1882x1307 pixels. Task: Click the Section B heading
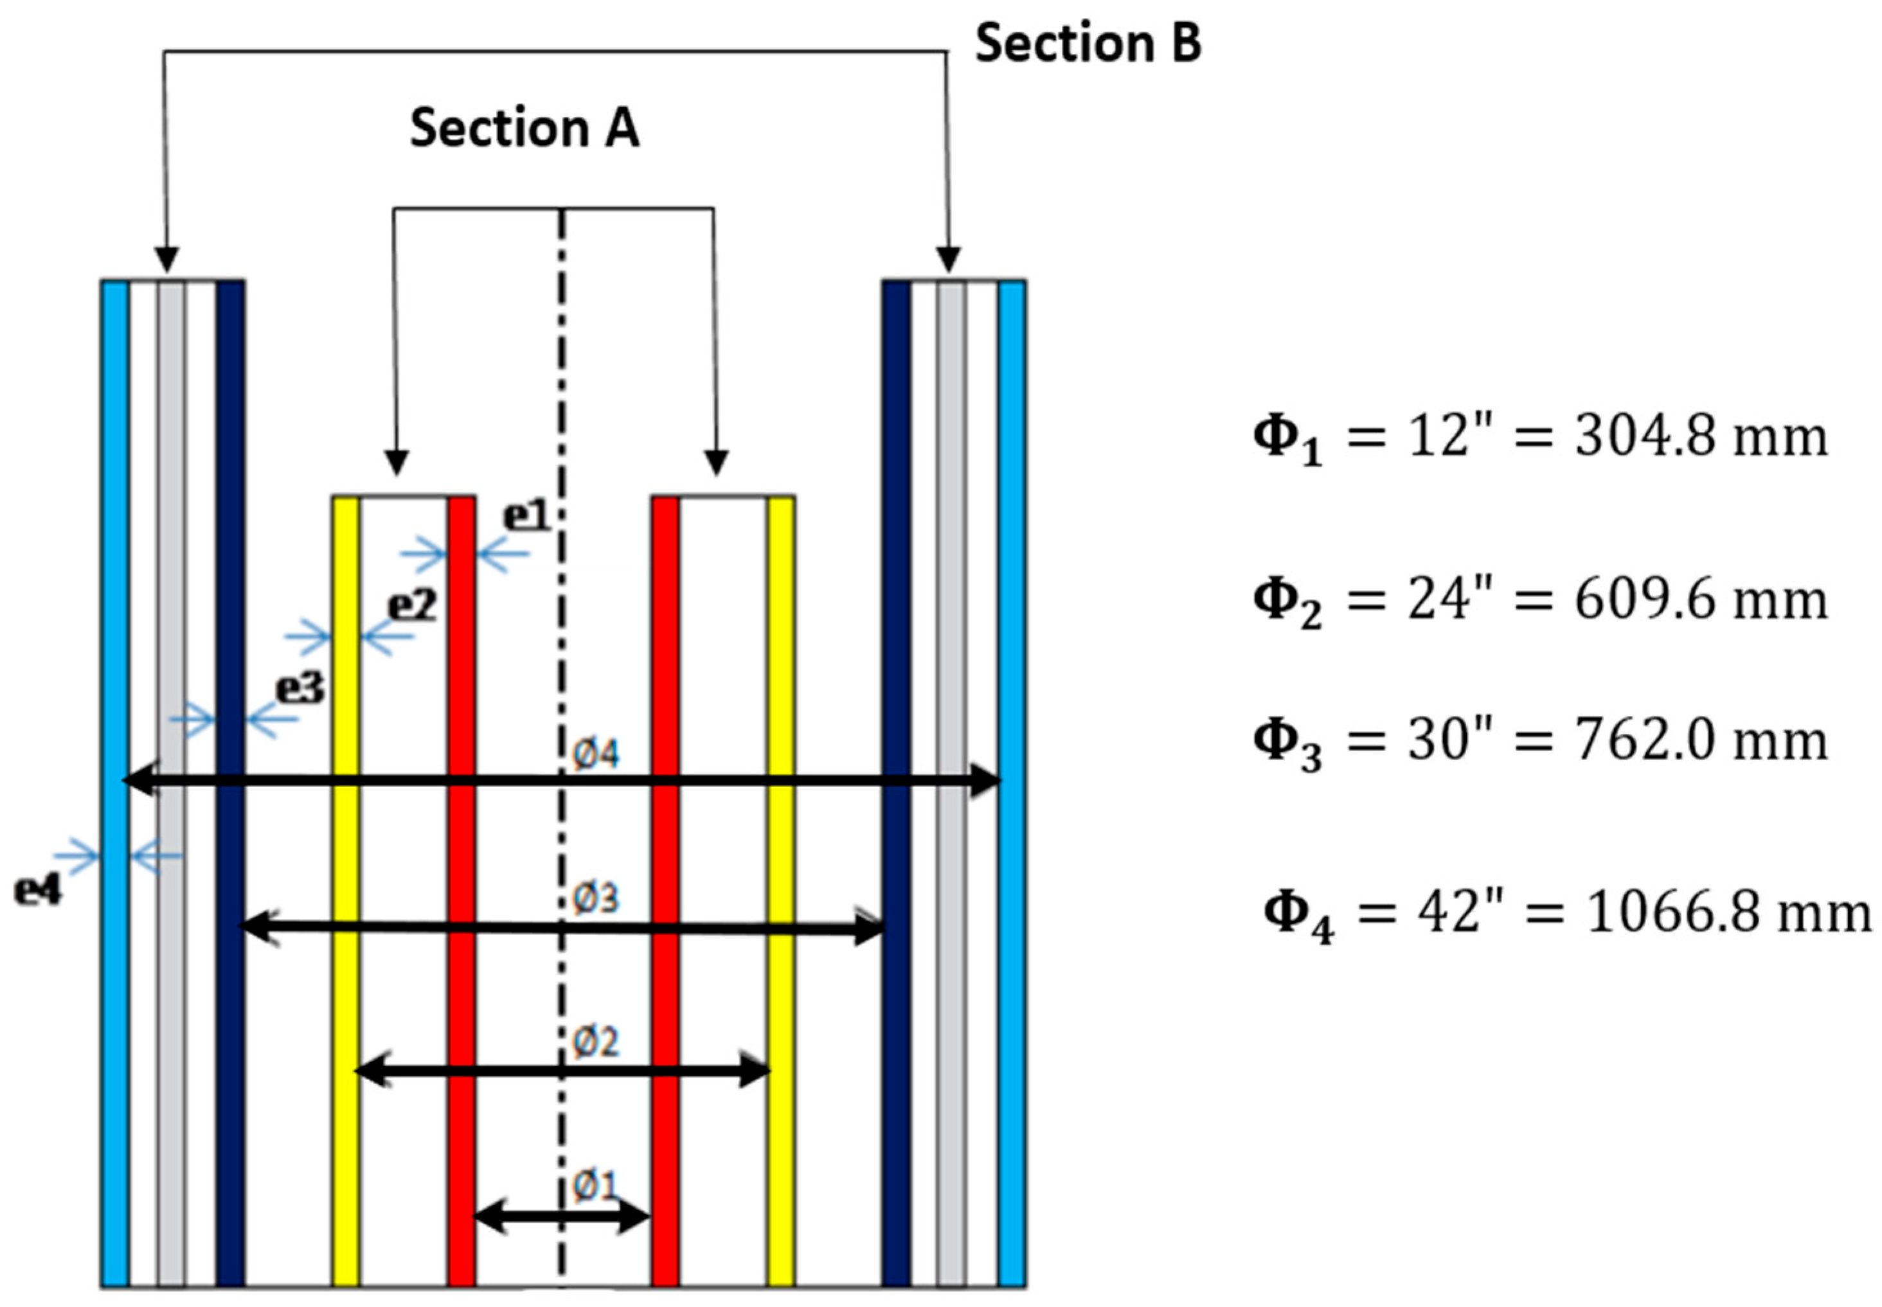click(x=1087, y=42)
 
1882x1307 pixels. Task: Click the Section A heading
click(x=524, y=129)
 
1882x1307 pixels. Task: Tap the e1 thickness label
click(x=526, y=517)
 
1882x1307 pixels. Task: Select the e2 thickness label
click(x=412, y=607)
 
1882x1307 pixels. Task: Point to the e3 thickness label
click(x=300, y=689)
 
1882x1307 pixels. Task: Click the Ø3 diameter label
click(x=595, y=899)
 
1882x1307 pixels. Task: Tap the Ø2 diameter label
click(x=595, y=1042)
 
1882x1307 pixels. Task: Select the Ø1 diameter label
click(x=594, y=1185)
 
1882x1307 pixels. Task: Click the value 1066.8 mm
click(x=1728, y=912)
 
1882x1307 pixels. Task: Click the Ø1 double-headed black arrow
click(x=562, y=1218)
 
